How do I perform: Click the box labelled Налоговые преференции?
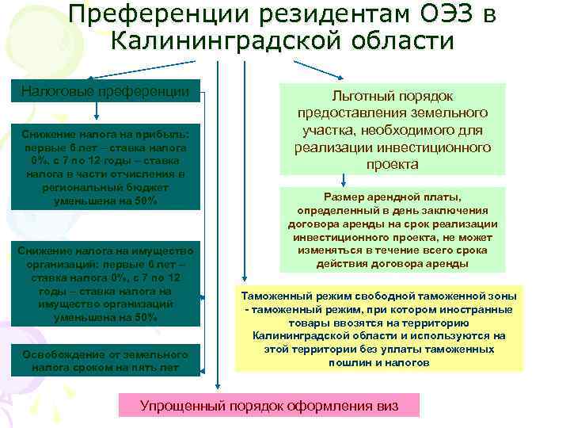pyautogui.click(x=104, y=92)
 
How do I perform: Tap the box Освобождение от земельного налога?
pyautogui.click(x=105, y=361)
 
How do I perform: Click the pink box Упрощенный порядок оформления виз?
pyautogui.click(x=268, y=405)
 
